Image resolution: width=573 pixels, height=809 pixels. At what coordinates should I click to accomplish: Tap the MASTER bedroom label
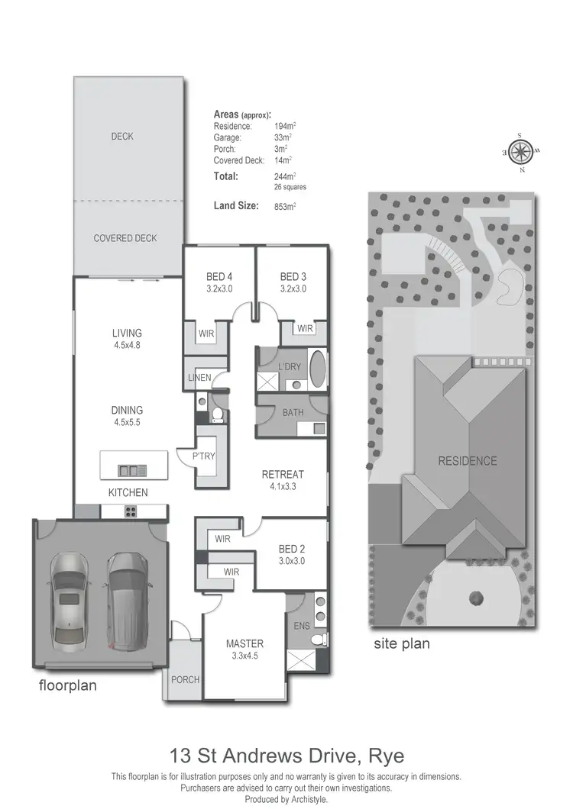point(244,643)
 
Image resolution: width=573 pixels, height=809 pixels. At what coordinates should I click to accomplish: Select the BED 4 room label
point(219,276)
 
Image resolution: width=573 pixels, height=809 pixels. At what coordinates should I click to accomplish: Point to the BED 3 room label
point(293,276)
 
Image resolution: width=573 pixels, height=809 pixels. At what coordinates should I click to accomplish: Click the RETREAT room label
point(283,474)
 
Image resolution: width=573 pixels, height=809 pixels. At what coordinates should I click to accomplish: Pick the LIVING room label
point(127,333)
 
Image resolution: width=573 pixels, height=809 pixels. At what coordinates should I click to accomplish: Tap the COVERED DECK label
point(125,238)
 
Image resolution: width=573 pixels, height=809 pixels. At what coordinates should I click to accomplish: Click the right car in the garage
point(127,600)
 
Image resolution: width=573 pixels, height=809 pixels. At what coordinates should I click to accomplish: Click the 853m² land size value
point(284,206)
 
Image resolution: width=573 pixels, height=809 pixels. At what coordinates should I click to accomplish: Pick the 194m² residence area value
point(284,125)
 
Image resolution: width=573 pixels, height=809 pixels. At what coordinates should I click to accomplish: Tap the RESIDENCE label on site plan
point(467,461)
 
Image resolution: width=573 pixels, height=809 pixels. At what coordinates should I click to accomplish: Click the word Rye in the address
point(385,756)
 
